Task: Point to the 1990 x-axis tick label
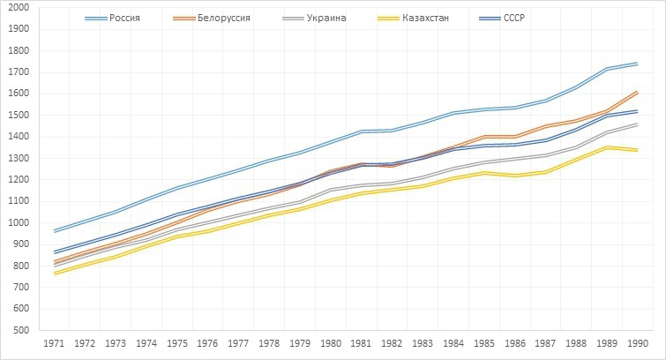(x=635, y=342)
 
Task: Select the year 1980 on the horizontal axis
(x=331, y=342)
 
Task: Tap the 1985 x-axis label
(x=483, y=342)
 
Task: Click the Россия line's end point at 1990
(x=637, y=64)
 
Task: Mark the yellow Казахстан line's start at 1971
(x=56, y=273)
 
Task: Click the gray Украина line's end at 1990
(x=637, y=124)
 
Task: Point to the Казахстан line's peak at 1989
(x=606, y=147)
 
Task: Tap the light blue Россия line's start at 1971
(x=56, y=231)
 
